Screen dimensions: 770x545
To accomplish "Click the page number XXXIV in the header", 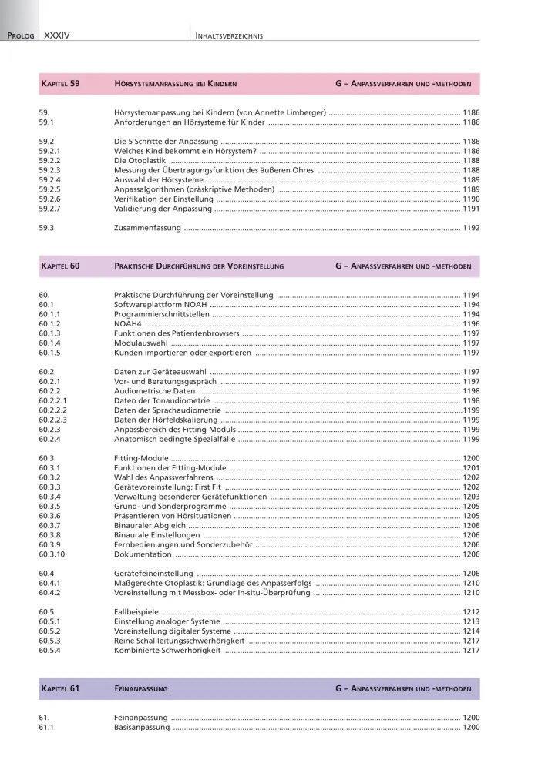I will pyautogui.click(x=58, y=35).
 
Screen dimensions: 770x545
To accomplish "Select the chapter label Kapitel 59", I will pyautogui.click(x=59, y=83).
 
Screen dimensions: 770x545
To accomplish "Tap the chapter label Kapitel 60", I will pyautogui.click(x=59, y=266).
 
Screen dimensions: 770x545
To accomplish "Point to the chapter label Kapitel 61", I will pyautogui.click(x=59, y=688).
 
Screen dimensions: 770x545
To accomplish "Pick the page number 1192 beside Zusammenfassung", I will pyautogui.click(x=470, y=228).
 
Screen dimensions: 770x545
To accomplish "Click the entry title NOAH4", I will pyautogui.click(x=127, y=324).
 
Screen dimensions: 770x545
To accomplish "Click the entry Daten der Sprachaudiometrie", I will pyautogui.click(x=167, y=410).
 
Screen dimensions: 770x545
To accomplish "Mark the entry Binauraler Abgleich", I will pyautogui.click(x=150, y=525).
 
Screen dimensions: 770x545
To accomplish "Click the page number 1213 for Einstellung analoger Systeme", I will pyautogui.click(x=470, y=621).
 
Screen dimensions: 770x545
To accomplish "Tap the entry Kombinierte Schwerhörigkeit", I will pyautogui.click(x=167, y=650).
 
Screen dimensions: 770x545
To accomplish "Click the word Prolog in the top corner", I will pyautogui.click(x=20, y=35).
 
